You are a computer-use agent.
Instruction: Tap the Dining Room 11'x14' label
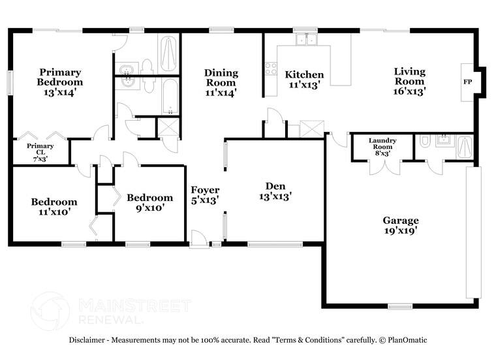(221, 82)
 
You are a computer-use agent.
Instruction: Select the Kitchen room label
(303, 79)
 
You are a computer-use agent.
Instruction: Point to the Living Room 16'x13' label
(409, 82)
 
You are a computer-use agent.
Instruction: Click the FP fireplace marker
(467, 82)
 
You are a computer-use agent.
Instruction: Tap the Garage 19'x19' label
(400, 225)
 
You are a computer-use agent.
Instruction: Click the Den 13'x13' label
(274, 189)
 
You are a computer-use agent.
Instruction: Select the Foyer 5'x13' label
(204, 195)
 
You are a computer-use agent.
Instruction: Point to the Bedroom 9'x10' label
(149, 202)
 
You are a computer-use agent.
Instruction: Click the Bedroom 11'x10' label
(54, 206)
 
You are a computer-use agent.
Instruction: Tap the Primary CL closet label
(40, 152)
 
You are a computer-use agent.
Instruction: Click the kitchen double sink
(304, 40)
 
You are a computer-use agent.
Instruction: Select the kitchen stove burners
(270, 68)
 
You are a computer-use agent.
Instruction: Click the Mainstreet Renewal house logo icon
(49, 310)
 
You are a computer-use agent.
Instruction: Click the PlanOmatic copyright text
(404, 340)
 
